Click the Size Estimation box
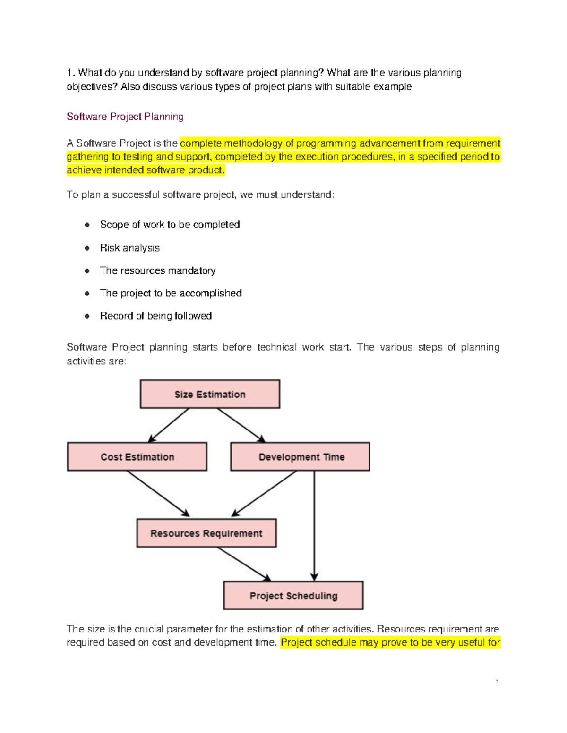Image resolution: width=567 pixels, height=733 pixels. [210, 394]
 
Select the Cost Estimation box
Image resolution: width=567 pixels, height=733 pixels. [137, 456]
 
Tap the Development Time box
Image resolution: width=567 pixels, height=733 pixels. [300, 456]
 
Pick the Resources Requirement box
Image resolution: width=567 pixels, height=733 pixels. [206, 533]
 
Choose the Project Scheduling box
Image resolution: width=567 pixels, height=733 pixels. [293, 595]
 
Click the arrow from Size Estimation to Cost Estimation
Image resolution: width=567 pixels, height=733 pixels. [169, 425]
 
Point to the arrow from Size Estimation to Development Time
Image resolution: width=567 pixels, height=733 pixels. [241, 425]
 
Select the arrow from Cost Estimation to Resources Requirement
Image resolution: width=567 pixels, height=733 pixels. [158, 494]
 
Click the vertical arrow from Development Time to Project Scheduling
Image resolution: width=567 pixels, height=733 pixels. [314, 524]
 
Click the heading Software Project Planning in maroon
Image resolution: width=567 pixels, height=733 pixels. [125, 117]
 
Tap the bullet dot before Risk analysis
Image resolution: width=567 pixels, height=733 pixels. [87, 248]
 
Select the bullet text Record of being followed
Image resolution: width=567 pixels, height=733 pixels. [155, 316]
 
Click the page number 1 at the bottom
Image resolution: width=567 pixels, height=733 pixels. [497, 682]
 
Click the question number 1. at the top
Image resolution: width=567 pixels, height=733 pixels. [70, 73]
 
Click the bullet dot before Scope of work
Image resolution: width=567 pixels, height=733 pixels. [87, 225]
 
